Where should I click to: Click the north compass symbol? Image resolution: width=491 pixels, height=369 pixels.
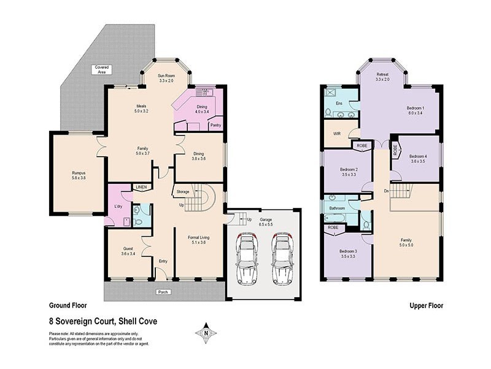tap(206, 333)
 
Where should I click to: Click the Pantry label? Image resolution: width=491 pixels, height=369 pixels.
tap(215, 125)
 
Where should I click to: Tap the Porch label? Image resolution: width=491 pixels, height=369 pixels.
tap(163, 292)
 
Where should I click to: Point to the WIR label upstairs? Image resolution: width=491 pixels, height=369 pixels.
tap(337, 133)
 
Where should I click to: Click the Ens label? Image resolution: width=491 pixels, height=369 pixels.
tap(339, 103)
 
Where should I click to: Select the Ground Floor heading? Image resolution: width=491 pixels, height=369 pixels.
tap(68, 305)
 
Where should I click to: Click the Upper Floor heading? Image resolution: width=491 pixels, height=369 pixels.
tap(426, 305)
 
